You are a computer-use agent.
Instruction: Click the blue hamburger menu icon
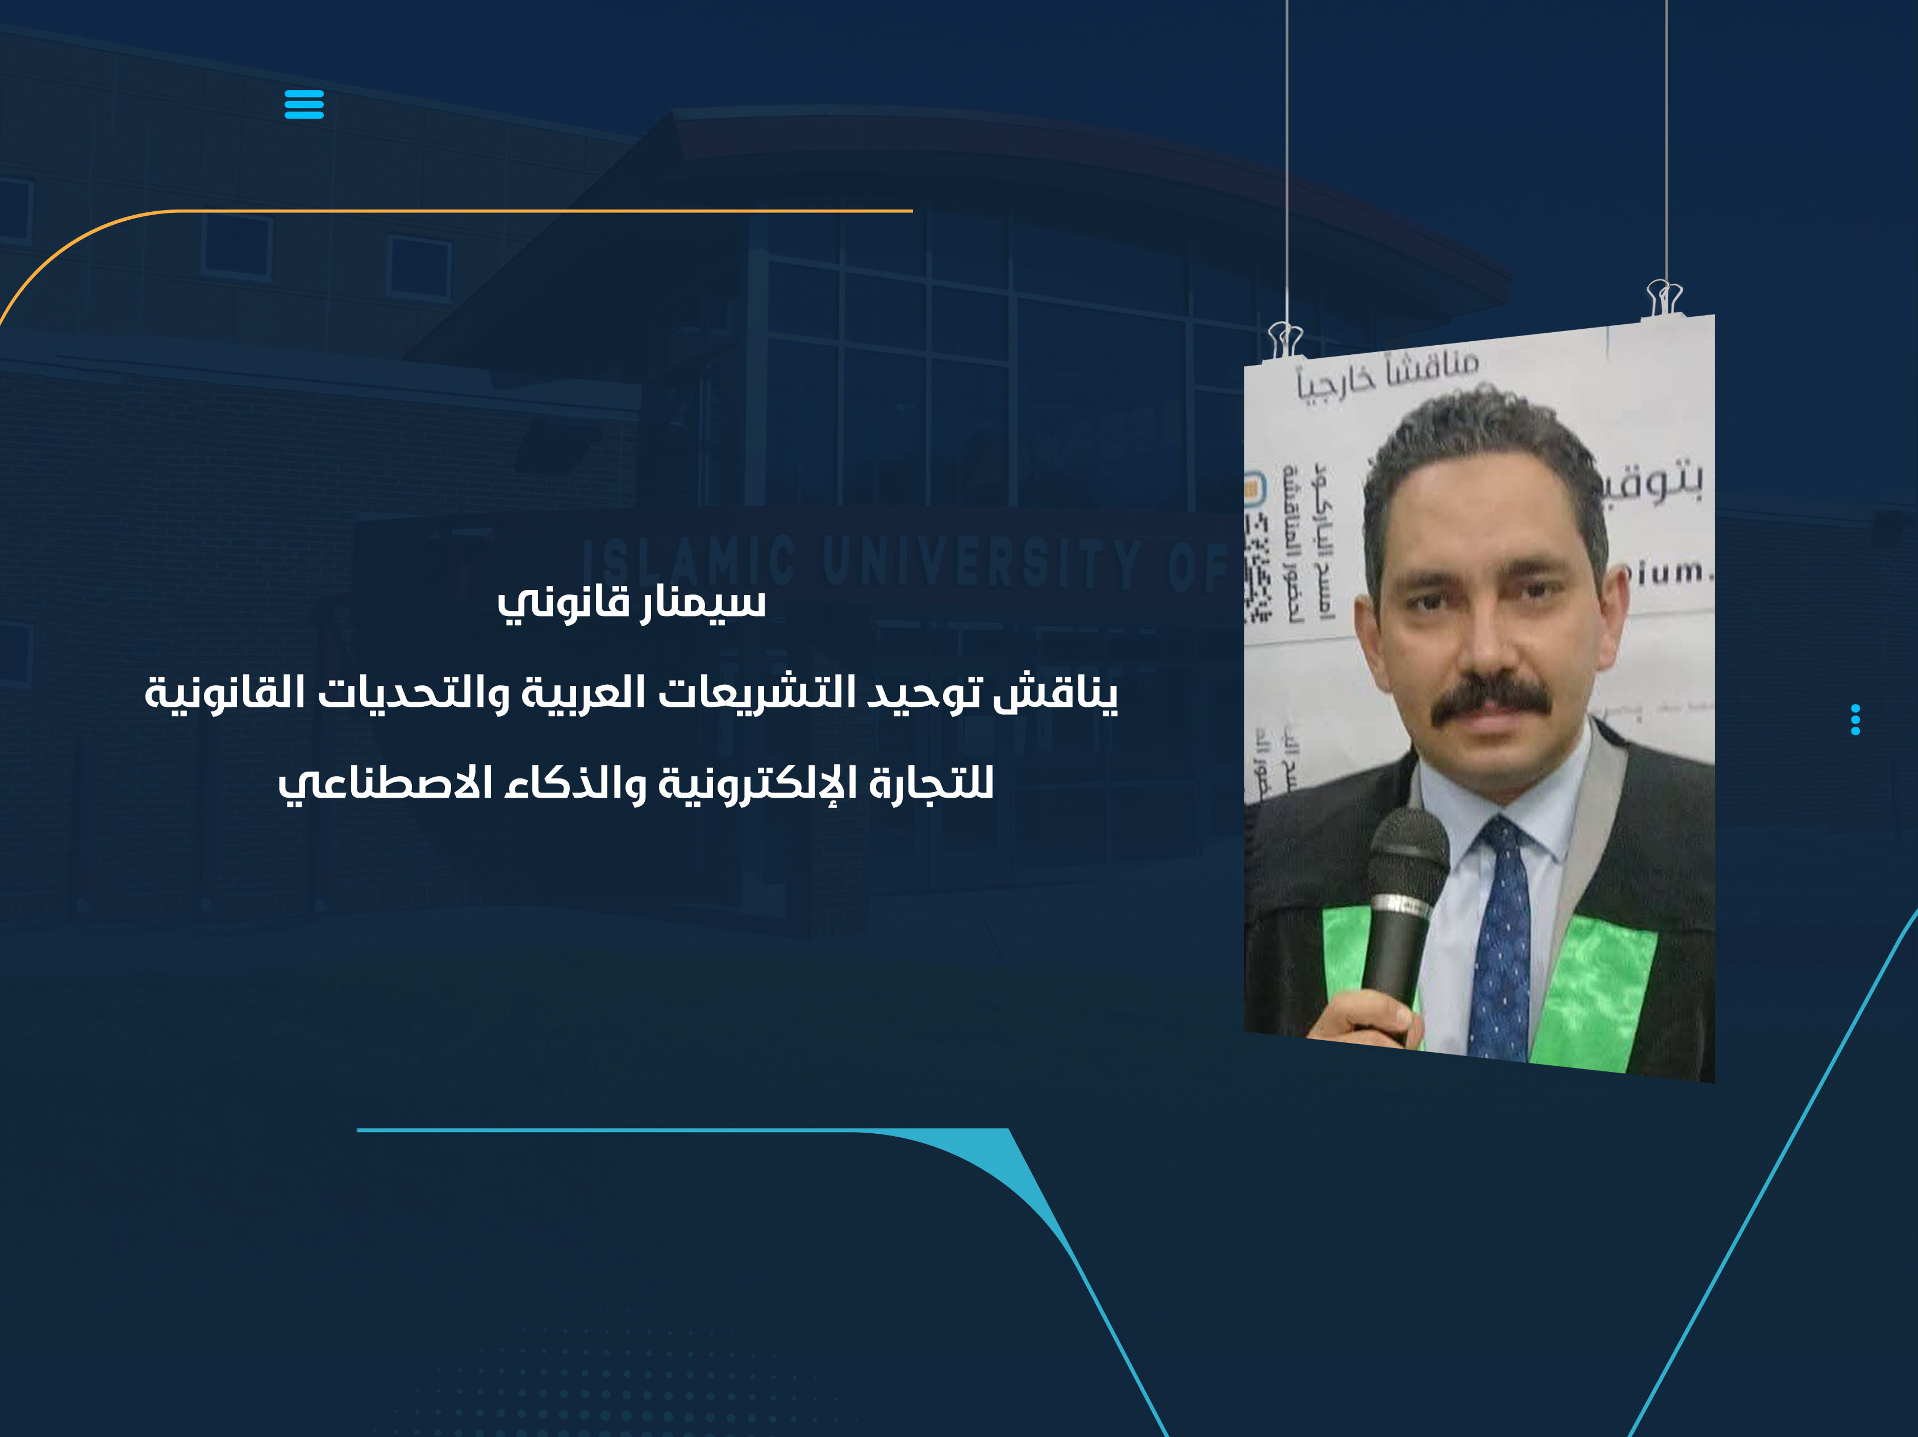point(303,104)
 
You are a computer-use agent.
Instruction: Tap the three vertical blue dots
point(1855,719)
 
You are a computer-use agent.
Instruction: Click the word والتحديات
point(412,693)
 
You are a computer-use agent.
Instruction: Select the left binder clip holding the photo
point(1285,339)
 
